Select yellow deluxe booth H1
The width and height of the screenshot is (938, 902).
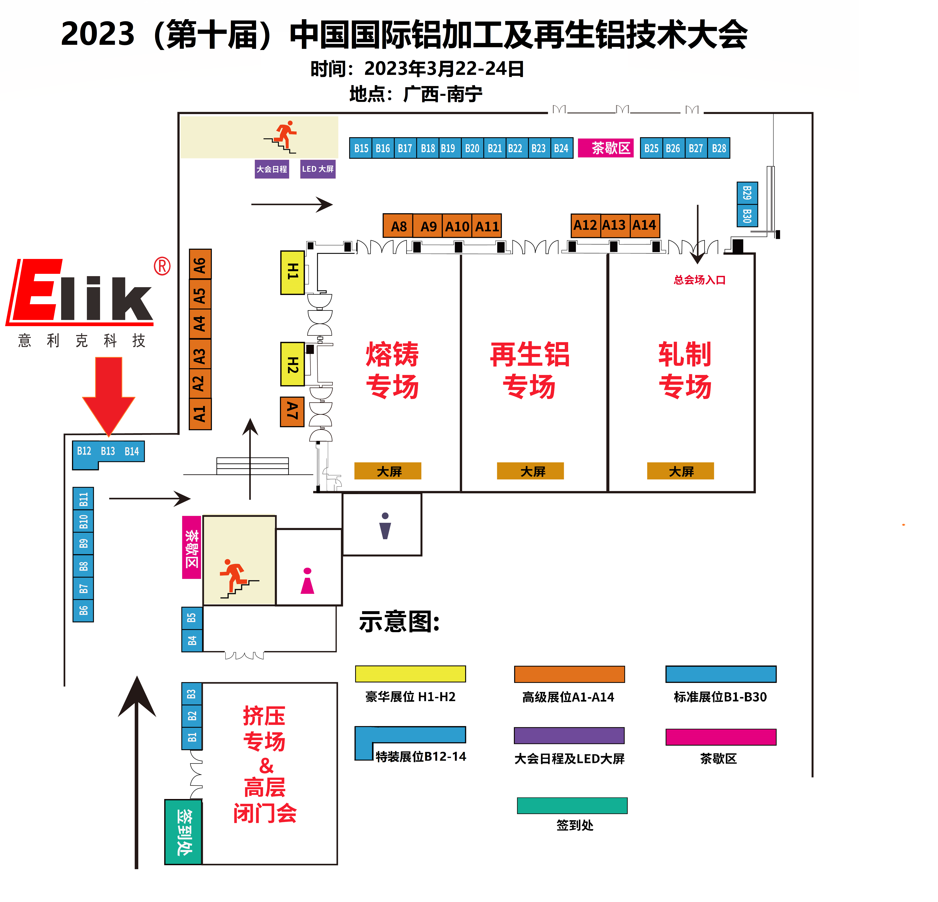point(292,272)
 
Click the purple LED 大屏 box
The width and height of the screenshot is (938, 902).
point(318,169)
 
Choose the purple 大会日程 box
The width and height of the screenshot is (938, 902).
point(272,169)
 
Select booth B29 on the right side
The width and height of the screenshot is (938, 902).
point(747,193)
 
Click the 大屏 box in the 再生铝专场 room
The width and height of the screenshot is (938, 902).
point(530,471)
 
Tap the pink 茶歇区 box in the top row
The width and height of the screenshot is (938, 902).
point(606,148)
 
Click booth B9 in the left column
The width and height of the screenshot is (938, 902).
point(83,543)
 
